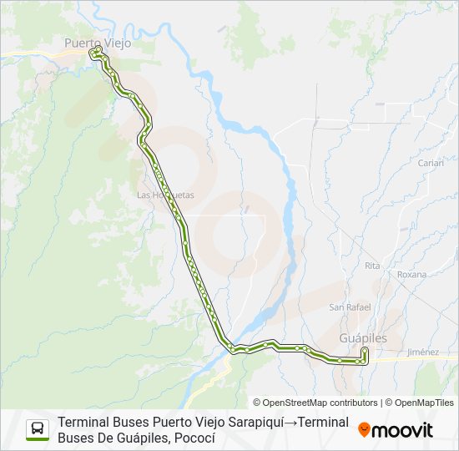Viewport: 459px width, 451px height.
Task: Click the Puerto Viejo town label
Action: [x=98, y=42]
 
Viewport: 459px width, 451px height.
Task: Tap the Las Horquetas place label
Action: [x=165, y=195]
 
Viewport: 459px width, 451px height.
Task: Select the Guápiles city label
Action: [x=363, y=337]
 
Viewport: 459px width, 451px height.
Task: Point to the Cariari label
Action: [x=431, y=163]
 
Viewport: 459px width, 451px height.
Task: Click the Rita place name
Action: [x=372, y=265]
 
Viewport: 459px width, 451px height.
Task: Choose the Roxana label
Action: [x=411, y=274]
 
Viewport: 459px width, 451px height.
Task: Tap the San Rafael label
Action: [x=349, y=307]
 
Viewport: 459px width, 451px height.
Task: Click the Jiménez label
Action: [x=422, y=352]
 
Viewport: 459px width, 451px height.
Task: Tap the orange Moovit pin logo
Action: [x=364, y=429]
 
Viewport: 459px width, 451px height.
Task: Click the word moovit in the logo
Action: [x=402, y=430]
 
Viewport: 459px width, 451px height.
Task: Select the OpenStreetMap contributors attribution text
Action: [x=315, y=403]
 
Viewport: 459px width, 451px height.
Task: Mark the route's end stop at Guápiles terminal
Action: [x=365, y=351]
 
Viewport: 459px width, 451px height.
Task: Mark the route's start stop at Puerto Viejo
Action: [x=97, y=50]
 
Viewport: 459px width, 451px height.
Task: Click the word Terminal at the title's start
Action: [x=84, y=422]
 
